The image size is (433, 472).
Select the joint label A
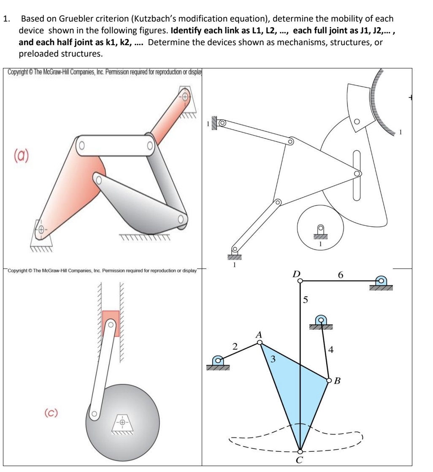[x=259, y=334]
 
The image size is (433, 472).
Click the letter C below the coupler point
[x=300, y=460]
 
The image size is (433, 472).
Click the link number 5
[x=306, y=301]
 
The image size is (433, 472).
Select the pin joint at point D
[x=300, y=280]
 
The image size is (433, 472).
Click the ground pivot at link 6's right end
[x=381, y=280]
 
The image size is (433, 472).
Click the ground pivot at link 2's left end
[x=218, y=360]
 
